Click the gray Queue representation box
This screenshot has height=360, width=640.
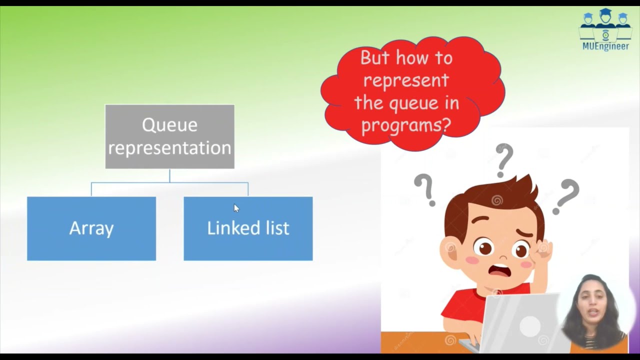point(169,136)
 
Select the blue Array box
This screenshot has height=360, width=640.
point(91,228)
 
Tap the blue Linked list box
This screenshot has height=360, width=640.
point(248,228)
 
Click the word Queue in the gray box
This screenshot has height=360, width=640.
point(169,124)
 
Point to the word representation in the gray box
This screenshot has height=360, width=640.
point(169,148)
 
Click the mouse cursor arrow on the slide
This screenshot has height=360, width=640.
point(236,208)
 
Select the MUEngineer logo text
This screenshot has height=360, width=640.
point(605,46)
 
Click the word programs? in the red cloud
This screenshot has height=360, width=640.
point(406,124)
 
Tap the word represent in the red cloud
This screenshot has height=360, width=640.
point(406,80)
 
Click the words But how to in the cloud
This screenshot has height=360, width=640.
point(406,57)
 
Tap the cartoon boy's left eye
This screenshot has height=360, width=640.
point(484,247)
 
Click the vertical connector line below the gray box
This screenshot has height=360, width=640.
point(169,175)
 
